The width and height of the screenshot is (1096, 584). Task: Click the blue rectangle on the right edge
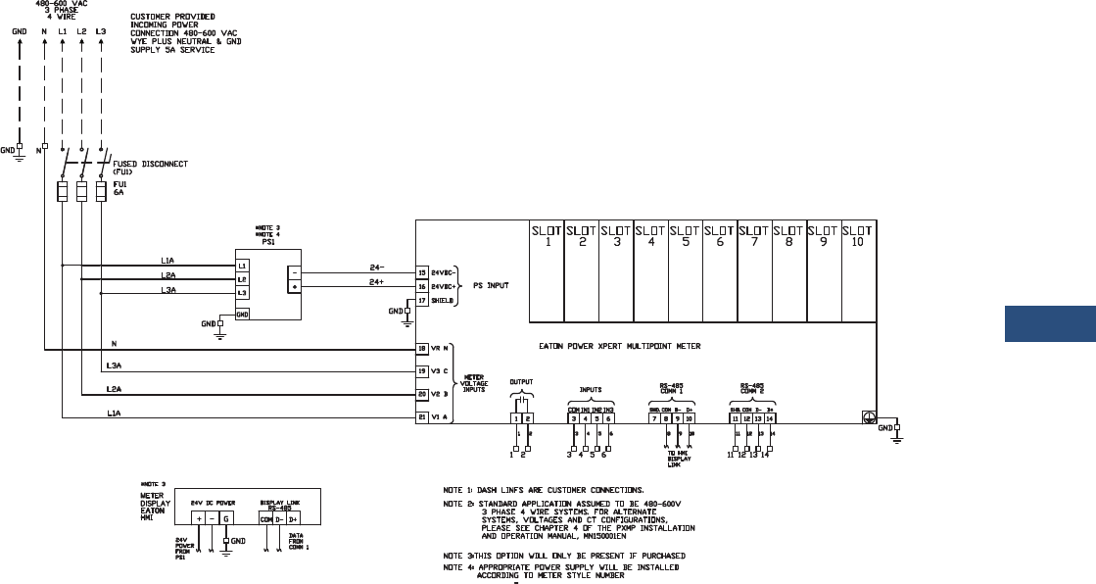(1050, 324)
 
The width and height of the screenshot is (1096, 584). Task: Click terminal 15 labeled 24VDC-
(422, 272)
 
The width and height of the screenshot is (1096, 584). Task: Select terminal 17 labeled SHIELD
(422, 300)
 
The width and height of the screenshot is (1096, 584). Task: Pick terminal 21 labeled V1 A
(422, 416)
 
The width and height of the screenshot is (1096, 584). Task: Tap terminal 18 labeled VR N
(422, 348)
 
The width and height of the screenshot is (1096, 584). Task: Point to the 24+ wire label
(374, 282)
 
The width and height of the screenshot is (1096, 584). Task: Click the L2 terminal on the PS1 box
(242, 279)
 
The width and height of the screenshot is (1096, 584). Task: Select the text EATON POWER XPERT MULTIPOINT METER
(620, 346)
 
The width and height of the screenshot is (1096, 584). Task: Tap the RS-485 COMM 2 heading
(751, 388)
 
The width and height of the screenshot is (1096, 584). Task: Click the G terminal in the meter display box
(227, 517)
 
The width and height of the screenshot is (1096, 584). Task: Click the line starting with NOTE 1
(544, 488)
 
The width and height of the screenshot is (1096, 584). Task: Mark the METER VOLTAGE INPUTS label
(476, 382)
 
